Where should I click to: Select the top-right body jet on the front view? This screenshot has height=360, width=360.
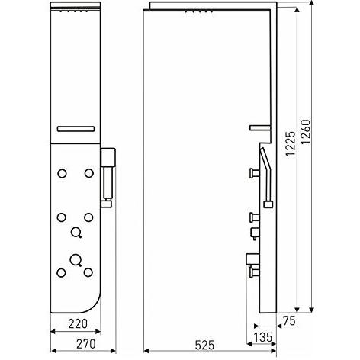(x=89, y=176)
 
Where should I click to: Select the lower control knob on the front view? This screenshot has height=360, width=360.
(x=75, y=258)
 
